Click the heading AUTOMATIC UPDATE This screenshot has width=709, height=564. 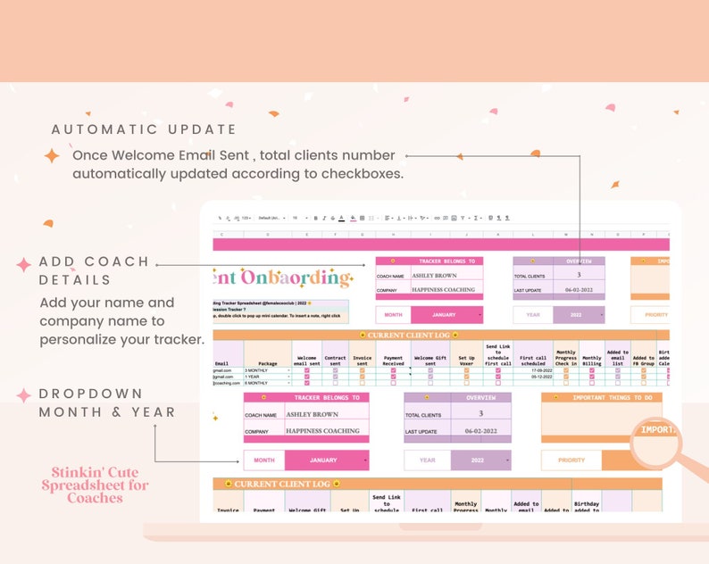[144, 129]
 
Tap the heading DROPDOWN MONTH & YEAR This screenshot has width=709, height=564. [107, 402]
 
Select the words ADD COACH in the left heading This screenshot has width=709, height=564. [94, 261]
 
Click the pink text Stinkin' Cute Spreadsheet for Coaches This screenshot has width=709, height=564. [95, 485]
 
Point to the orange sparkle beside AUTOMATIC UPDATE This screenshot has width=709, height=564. [52, 156]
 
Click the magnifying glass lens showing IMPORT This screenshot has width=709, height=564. [656, 432]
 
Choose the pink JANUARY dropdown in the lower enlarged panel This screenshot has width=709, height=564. [326, 460]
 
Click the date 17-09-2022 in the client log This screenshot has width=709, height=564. [533, 369]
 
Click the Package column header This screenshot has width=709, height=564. [267, 364]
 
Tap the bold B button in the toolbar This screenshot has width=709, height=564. [324, 217]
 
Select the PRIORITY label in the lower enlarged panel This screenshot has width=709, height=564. [571, 460]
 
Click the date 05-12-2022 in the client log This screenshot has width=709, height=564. [533, 377]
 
